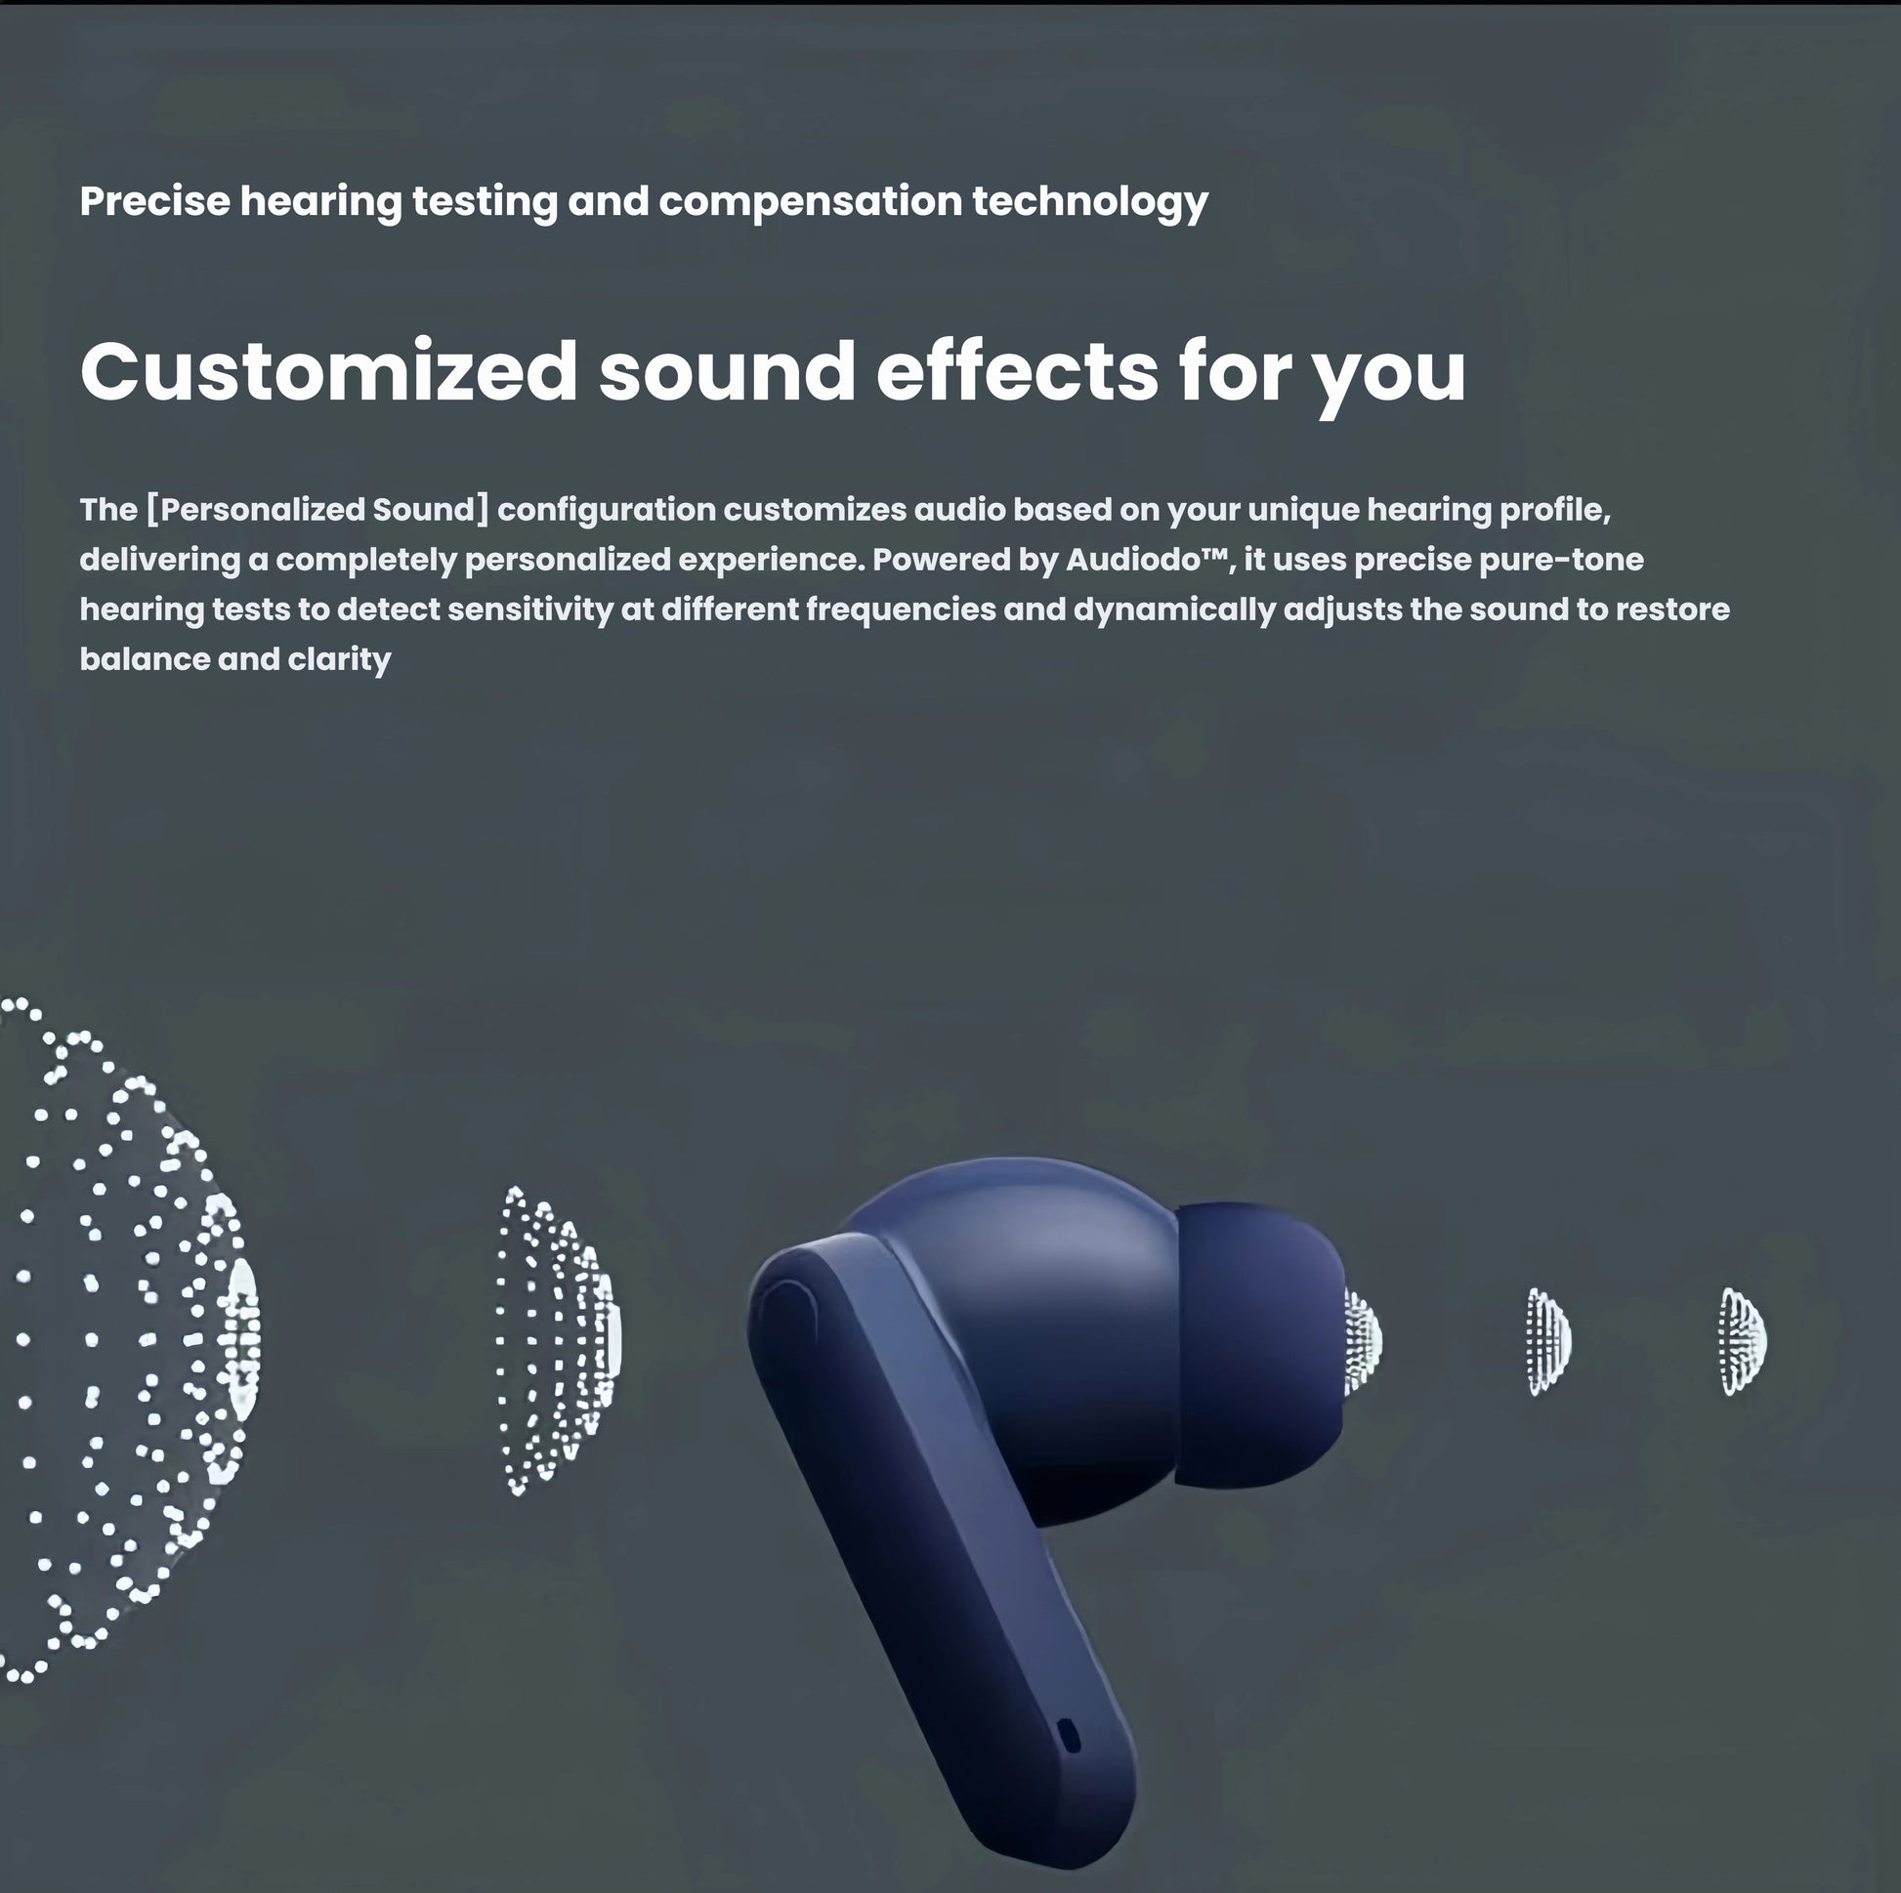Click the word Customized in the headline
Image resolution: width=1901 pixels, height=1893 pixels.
[x=328, y=371]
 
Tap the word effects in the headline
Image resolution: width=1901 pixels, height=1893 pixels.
[x=1017, y=371]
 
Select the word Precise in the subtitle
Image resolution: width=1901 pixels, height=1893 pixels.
[x=154, y=200]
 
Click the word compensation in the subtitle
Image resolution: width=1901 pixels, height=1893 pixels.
[x=810, y=200]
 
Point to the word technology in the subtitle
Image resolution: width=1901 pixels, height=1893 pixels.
[x=1090, y=202]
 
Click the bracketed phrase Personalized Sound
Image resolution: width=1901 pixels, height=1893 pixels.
[x=317, y=510]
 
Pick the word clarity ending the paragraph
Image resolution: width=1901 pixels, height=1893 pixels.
[x=340, y=659]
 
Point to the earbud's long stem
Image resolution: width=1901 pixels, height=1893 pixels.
[x=945, y=1575]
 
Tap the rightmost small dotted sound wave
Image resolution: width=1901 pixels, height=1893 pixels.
[x=1743, y=1341]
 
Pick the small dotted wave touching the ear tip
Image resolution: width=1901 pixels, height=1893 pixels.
[x=1364, y=1341]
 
